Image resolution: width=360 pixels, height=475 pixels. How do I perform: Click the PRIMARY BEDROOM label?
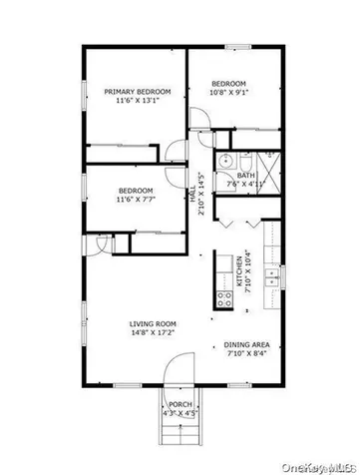[138, 92]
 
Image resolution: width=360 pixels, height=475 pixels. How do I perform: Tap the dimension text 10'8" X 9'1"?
[228, 93]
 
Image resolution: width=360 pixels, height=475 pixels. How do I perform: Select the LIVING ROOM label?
[152, 324]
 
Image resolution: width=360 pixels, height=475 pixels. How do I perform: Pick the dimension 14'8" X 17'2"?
[152, 334]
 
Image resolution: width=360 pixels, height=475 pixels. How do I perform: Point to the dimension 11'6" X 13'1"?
[138, 102]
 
